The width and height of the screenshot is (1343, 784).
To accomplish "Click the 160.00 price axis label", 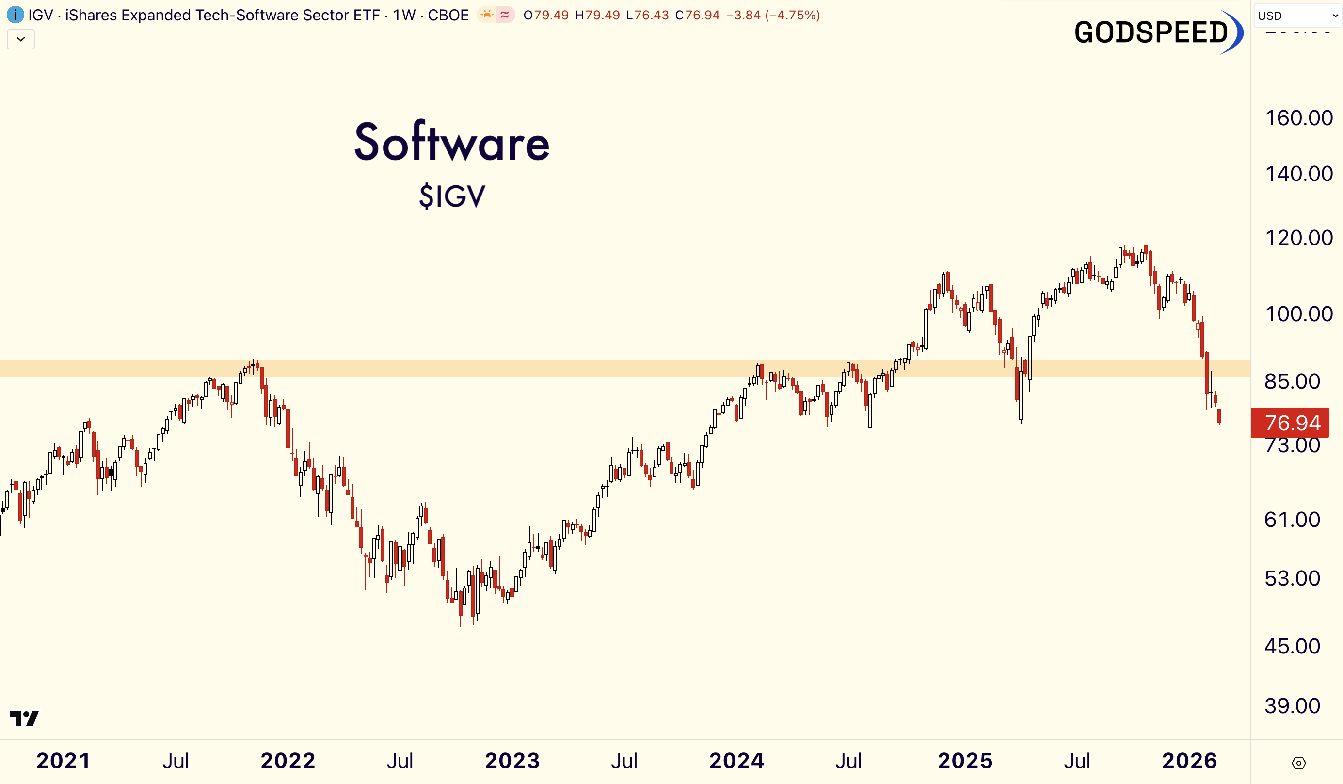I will click(x=1298, y=118).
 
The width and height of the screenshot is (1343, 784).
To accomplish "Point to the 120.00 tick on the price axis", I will click(x=1298, y=238).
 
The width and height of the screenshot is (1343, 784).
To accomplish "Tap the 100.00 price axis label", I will click(x=1298, y=313).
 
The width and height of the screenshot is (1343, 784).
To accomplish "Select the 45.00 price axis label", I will click(x=1292, y=646).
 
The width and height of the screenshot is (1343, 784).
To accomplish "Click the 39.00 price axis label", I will click(x=1292, y=706).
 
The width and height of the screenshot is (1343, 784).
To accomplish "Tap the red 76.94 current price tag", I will click(x=1292, y=423).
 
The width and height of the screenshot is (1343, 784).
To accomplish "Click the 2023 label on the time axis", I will click(x=512, y=761).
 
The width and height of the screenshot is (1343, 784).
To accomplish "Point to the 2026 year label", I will click(x=1189, y=761).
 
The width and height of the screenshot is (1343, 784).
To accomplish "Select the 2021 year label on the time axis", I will click(x=64, y=761).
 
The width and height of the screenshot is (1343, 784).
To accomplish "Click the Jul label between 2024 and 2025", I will click(x=848, y=761).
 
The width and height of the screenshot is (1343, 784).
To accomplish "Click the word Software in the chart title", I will click(x=452, y=143).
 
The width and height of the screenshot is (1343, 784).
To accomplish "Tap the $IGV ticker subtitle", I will click(x=452, y=196).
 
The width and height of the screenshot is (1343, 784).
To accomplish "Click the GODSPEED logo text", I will click(x=1151, y=33).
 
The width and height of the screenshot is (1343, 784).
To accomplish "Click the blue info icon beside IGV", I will click(x=15, y=15).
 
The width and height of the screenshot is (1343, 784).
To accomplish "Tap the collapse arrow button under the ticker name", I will click(x=21, y=39).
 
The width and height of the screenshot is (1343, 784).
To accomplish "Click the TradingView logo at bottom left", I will click(x=24, y=719).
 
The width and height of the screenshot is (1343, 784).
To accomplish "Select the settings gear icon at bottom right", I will click(x=1298, y=763).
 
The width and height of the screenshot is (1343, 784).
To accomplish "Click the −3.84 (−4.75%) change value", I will click(x=773, y=15).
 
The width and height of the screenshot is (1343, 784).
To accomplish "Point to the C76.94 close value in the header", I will click(x=697, y=15).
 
